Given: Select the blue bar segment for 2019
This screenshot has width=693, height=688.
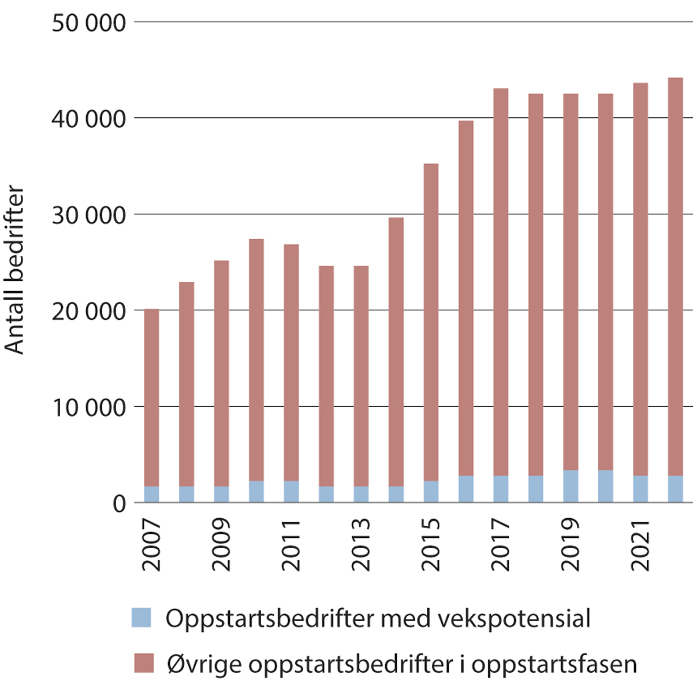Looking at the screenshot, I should [571, 486].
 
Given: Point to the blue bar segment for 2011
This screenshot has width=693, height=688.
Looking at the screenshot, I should [291, 492].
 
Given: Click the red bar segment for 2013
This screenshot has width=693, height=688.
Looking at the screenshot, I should [361, 375].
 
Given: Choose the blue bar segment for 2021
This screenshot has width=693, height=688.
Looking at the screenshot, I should [640, 489].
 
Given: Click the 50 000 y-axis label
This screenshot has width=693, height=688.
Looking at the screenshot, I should [88, 23].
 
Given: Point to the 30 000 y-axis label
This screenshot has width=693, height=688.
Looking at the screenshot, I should [88, 215].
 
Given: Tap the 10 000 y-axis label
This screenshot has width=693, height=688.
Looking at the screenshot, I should [88, 408].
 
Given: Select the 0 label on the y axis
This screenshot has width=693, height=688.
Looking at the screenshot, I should [119, 504].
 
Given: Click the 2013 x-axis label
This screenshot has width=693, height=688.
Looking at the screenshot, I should [361, 545].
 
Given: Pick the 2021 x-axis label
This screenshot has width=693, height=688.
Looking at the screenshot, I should [640, 545].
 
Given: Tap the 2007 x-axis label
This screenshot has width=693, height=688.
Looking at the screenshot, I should [151, 545].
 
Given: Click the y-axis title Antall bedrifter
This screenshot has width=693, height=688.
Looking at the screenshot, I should [14, 269].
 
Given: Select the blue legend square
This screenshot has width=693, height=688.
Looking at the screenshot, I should [141, 618].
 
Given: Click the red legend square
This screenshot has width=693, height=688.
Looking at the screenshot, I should [144, 663].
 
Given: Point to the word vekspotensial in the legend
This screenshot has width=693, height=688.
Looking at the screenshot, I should [513, 619].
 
